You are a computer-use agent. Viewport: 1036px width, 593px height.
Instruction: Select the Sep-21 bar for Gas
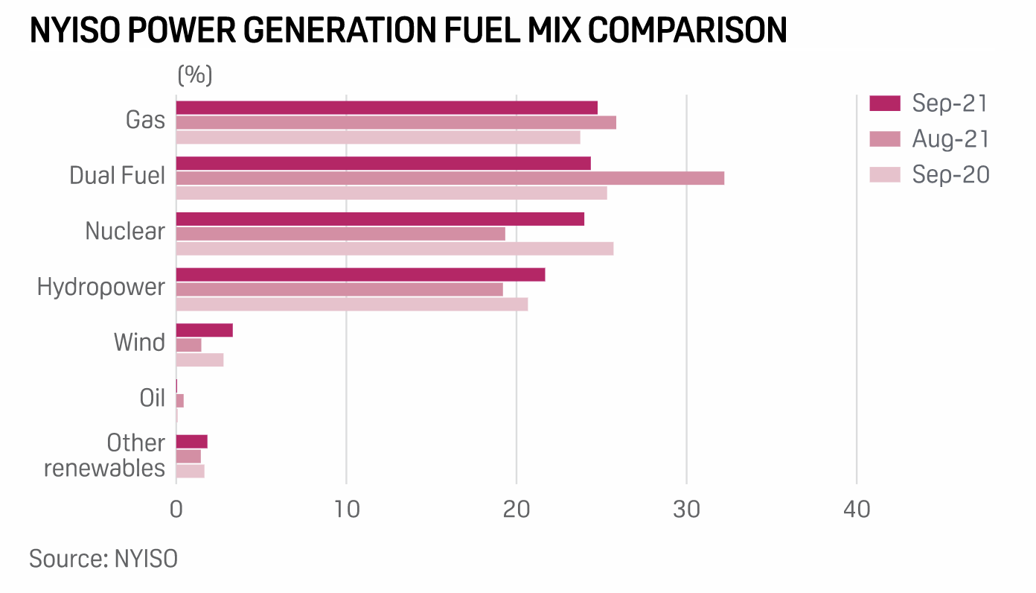click(x=386, y=107)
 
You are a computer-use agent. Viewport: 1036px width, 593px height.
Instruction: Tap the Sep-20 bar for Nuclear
click(x=394, y=249)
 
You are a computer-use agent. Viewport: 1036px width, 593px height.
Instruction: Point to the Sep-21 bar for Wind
click(x=205, y=330)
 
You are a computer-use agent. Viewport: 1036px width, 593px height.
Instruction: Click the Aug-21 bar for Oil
click(x=180, y=401)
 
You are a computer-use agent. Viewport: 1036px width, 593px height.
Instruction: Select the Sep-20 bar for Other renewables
click(x=191, y=471)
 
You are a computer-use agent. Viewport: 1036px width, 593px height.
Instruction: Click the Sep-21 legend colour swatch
click(x=885, y=104)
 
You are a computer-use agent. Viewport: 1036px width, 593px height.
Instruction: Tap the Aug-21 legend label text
click(x=950, y=139)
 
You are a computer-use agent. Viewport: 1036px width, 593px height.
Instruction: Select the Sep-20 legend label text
click(x=950, y=174)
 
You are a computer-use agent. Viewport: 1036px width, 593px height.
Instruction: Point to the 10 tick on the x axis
click(x=347, y=510)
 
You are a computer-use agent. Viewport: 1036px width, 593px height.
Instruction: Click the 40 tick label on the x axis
click(x=857, y=510)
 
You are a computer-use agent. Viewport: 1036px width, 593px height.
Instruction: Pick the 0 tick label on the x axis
click(x=176, y=510)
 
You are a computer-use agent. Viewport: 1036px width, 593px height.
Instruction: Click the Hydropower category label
click(x=100, y=287)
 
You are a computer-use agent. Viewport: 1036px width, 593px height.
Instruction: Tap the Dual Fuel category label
click(x=117, y=176)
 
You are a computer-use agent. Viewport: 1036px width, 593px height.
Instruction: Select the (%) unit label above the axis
click(x=195, y=75)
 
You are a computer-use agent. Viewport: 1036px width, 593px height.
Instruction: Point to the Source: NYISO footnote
click(x=103, y=558)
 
